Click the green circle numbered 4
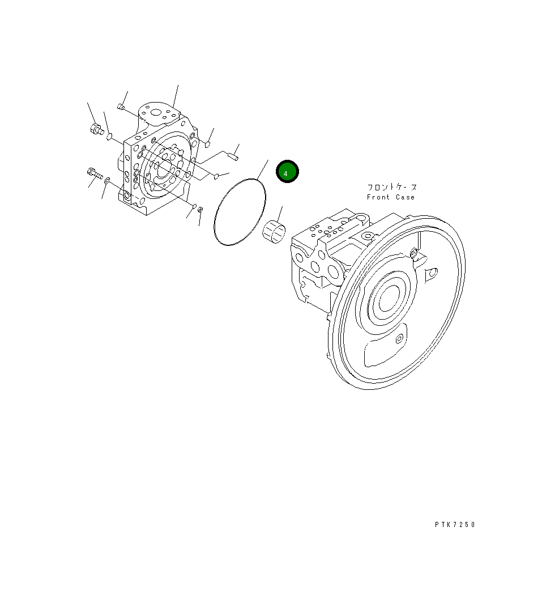(287, 172)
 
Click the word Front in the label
(378, 197)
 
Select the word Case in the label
(405, 197)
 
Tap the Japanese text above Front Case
(392, 187)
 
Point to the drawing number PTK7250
(455, 525)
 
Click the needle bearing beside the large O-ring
(275, 231)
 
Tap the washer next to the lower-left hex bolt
(106, 181)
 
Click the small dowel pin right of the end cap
(233, 153)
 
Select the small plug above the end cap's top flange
(121, 107)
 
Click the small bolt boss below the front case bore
(400, 339)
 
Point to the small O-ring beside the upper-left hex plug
(110, 137)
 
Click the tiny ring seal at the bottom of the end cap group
(199, 210)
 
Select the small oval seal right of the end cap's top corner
(207, 144)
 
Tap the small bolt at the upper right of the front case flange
(415, 252)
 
